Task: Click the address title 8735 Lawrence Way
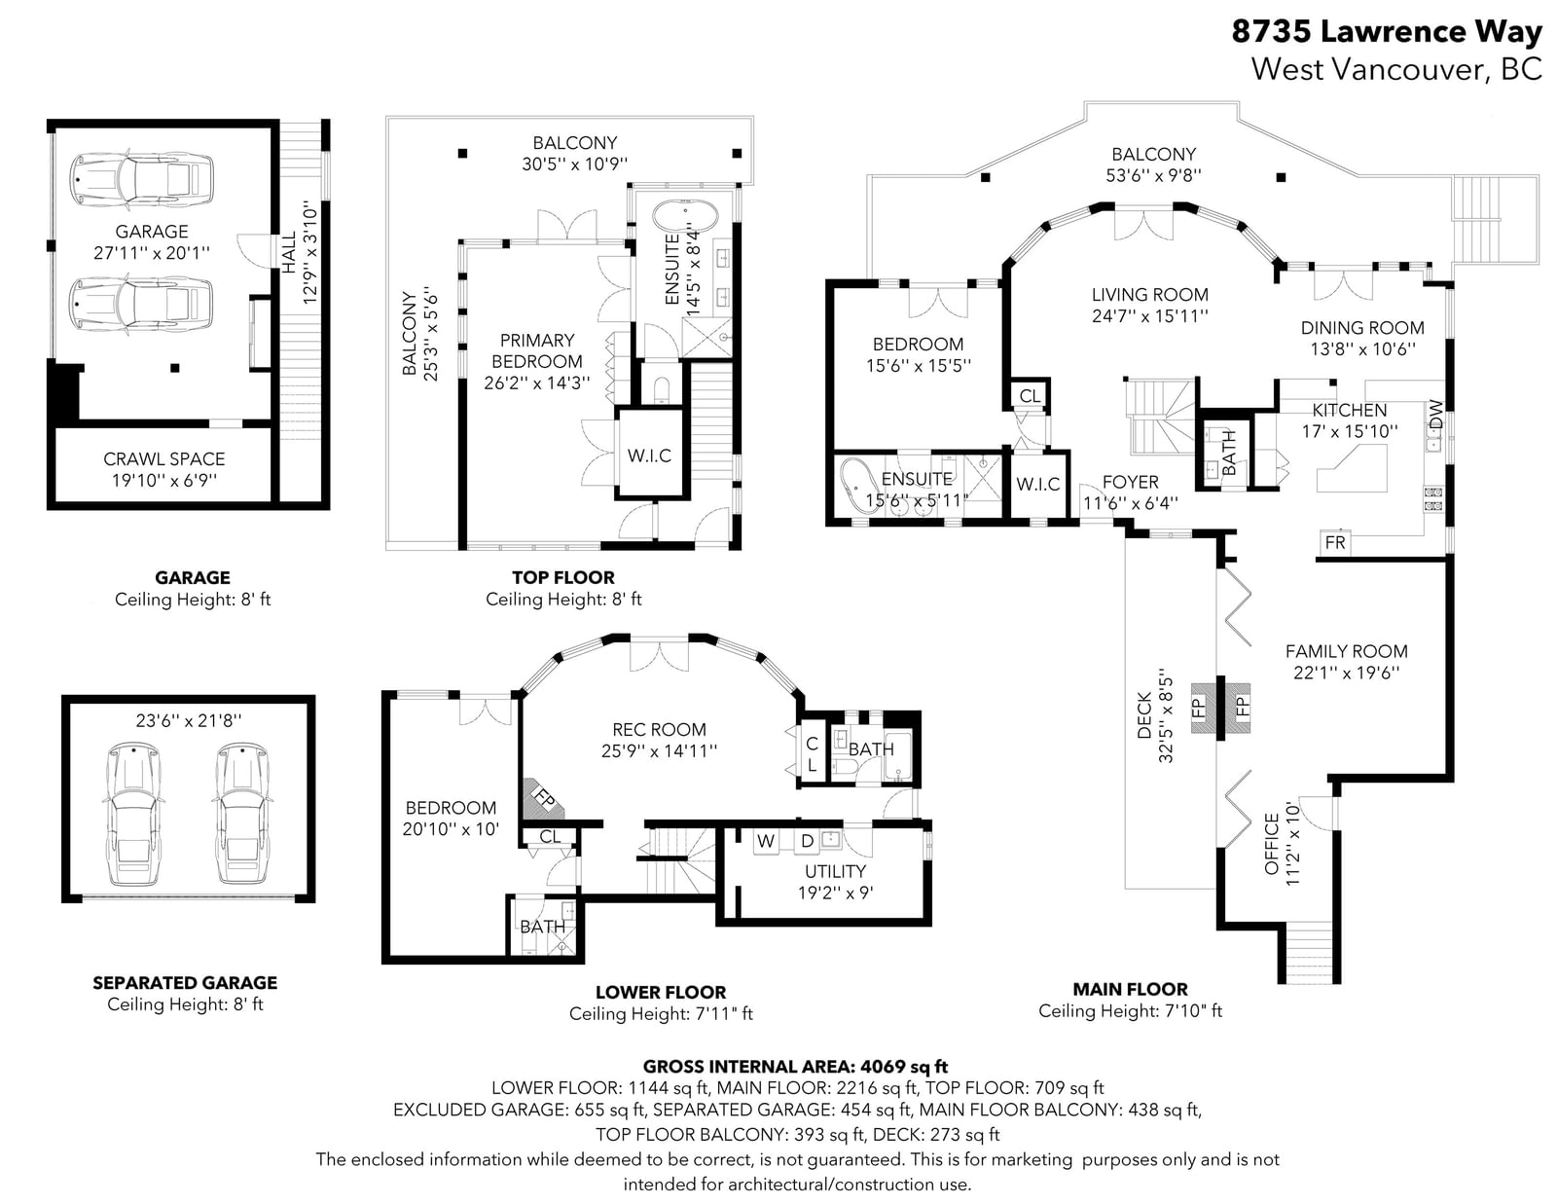click(1387, 32)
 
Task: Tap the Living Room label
click(1149, 295)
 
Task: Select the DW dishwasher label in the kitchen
click(1435, 415)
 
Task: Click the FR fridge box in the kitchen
click(1334, 542)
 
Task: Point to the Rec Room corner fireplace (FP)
click(543, 798)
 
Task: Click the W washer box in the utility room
click(766, 841)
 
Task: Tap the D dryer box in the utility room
click(807, 841)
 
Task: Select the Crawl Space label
click(164, 458)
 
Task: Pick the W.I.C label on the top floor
click(649, 456)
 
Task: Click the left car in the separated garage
click(133, 814)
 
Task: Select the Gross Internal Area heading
click(795, 1067)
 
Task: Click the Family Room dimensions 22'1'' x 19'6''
click(1347, 673)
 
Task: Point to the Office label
click(1272, 844)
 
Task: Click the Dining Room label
click(1362, 327)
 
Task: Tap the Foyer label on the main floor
click(1130, 482)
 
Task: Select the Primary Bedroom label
click(536, 350)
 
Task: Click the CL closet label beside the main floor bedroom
click(1030, 396)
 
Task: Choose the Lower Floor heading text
click(661, 992)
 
